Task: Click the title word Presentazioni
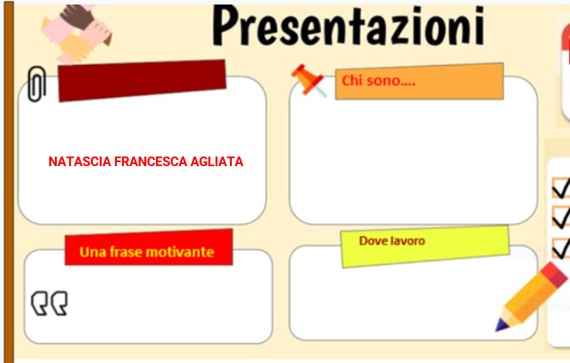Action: (x=349, y=27)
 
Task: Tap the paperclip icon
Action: (x=36, y=84)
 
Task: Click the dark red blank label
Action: (x=142, y=80)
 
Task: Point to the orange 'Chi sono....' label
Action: (x=419, y=81)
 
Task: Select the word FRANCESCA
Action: (x=148, y=162)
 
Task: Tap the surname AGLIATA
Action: (x=215, y=162)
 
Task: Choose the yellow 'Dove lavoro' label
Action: (x=425, y=246)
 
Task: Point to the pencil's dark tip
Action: (x=501, y=326)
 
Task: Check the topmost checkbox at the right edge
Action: (x=560, y=188)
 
